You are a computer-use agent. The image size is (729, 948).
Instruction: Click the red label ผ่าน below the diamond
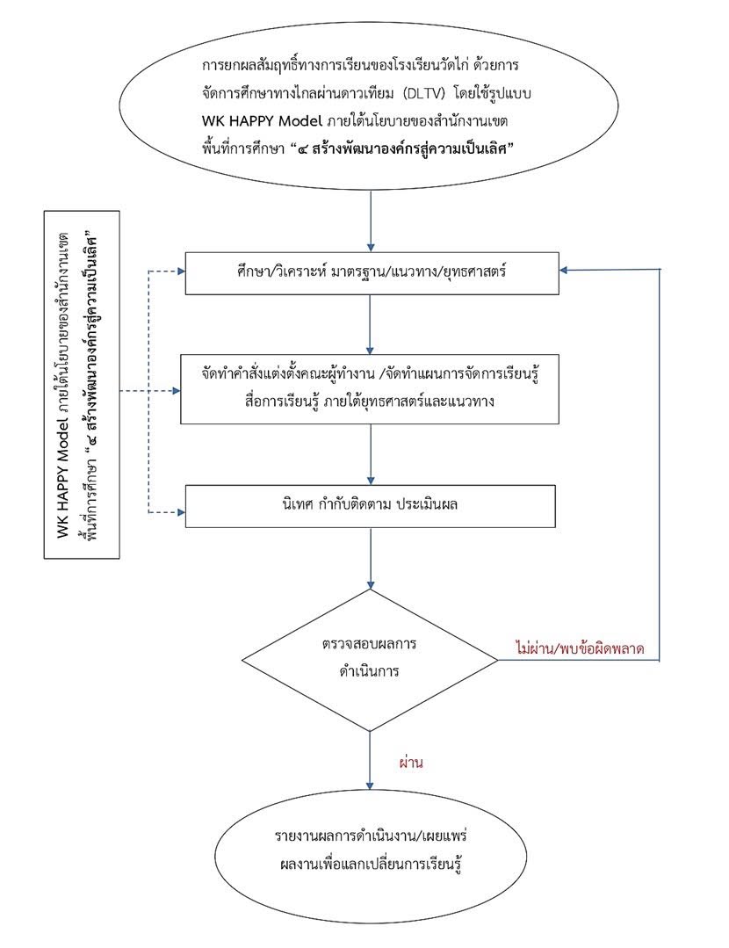(x=410, y=763)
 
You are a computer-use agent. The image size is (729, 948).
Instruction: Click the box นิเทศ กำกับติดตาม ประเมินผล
(x=370, y=506)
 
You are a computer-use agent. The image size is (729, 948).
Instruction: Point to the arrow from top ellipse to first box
(x=371, y=220)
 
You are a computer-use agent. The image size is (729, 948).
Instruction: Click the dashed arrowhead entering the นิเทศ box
(x=177, y=510)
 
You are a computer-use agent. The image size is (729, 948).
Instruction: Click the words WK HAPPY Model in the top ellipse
(x=256, y=120)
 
